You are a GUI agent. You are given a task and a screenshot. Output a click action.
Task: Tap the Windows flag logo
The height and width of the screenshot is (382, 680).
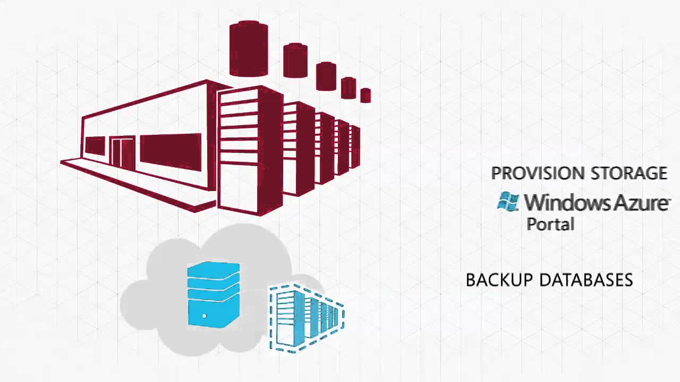coord(508,202)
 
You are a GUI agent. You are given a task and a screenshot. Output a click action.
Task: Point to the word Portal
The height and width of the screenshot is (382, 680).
coord(550,224)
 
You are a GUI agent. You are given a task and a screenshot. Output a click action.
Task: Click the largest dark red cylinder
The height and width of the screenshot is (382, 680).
coord(249,49)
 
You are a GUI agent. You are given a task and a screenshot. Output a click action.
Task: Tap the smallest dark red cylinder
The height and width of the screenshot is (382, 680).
coord(365,95)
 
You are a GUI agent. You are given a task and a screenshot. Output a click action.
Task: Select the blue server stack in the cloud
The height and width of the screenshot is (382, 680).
coord(214,294)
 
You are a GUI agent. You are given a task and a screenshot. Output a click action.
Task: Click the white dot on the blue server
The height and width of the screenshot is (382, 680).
coord(205,316)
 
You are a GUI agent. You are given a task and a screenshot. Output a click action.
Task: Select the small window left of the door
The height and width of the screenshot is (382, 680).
coord(95,145)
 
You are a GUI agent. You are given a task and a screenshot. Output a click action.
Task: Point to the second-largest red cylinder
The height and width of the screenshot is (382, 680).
coord(295,61)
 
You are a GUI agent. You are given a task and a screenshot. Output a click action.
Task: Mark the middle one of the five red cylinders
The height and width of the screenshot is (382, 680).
coord(326,76)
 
